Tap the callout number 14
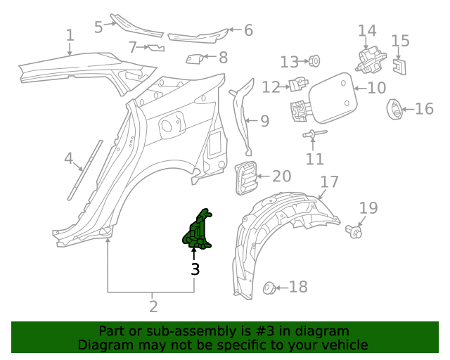(x=367, y=31)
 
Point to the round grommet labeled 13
(x=314, y=61)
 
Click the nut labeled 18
(x=267, y=287)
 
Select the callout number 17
(x=330, y=182)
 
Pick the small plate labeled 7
(x=155, y=48)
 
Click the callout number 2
(x=153, y=307)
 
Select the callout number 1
(x=70, y=35)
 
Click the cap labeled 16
(x=394, y=109)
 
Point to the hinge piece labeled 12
(x=298, y=84)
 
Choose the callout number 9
(x=264, y=121)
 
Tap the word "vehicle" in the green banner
(x=345, y=345)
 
